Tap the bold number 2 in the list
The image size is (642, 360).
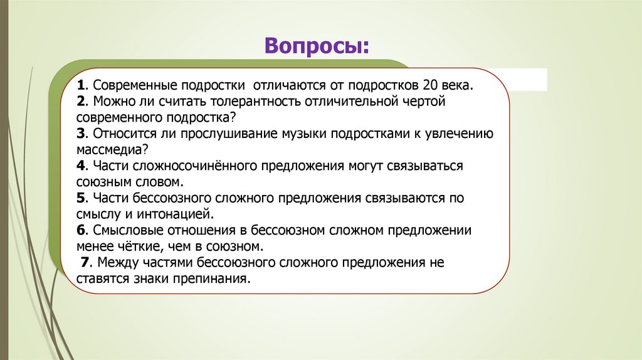81,101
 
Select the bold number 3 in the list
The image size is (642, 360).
81,134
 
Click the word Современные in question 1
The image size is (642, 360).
134,85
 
